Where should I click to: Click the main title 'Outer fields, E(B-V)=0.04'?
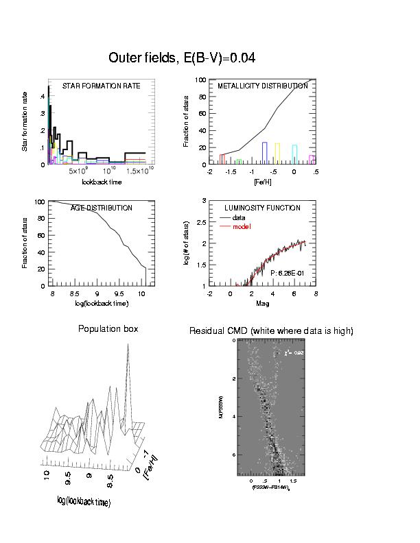[x=182, y=58]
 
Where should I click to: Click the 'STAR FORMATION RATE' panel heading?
[x=102, y=86]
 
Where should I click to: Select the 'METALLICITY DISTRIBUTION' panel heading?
[x=262, y=86]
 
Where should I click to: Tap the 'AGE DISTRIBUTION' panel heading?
[x=102, y=208]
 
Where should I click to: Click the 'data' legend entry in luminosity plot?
[x=239, y=217]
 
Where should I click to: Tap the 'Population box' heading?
[x=108, y=329]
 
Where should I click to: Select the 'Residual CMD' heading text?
[x=271, y=331]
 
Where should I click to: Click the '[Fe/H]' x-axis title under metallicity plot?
[x=261, y=182]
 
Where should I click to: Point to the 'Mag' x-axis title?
[x=261, y=303]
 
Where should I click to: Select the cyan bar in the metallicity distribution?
[x=294, y=155]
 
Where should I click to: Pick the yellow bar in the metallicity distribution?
[x=277, y=154]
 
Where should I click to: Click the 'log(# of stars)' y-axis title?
[x=187, y=243]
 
